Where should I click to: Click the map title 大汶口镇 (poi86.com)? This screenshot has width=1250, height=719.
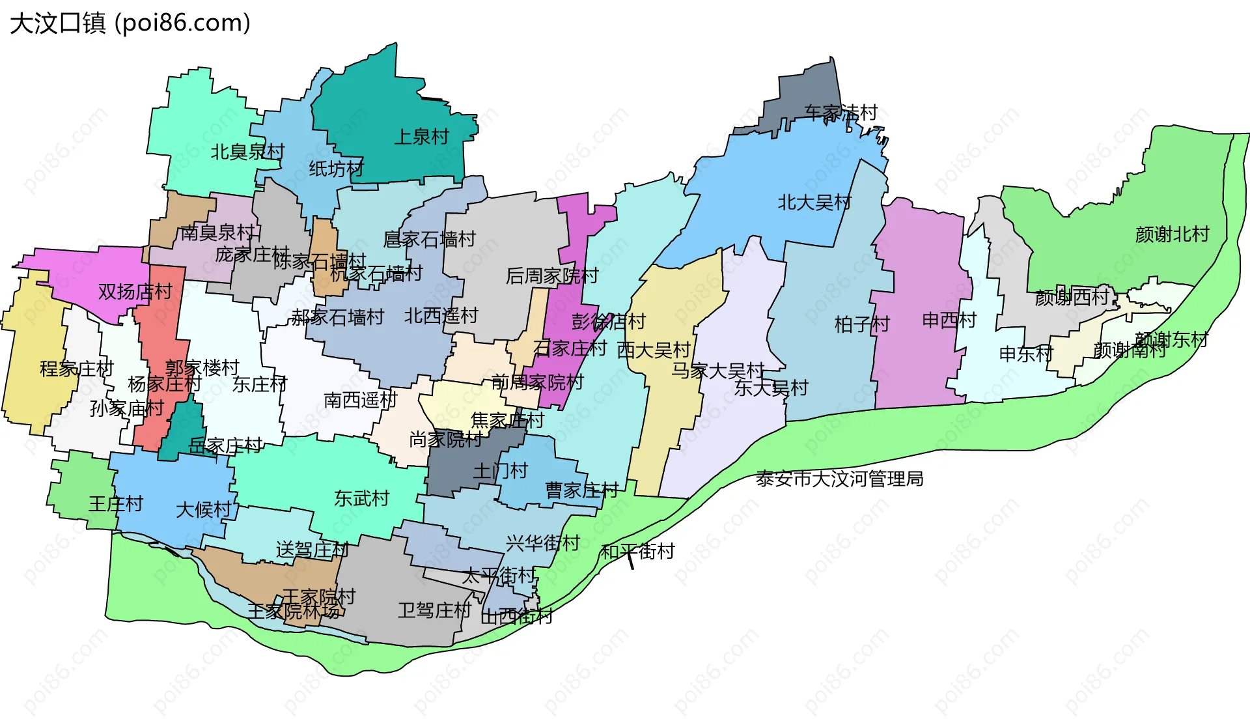point(130,23)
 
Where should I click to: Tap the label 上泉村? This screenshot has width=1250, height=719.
point(421,137)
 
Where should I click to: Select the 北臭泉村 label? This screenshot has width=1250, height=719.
point(247,152)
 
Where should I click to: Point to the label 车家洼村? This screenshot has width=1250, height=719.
point(840,113)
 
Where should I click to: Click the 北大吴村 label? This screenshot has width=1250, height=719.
point(814,203)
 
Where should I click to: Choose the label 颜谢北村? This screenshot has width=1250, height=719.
point(1172,234)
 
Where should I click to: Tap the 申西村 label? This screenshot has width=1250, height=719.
point(949,320)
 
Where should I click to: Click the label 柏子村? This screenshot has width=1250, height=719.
point(862,324)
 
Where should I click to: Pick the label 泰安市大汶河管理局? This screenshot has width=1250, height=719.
point(839,479)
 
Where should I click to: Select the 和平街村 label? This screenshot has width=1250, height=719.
point(637,552)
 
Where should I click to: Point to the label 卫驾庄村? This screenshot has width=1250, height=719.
point(434,610)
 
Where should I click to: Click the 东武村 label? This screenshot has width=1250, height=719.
point(361,498)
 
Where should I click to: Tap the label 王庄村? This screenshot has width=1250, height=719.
point(115,503)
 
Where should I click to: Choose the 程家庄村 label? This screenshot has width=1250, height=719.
point(77,369)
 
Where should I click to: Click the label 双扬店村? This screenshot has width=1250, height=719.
point(135,291)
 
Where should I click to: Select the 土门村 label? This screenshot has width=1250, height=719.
point(500,470)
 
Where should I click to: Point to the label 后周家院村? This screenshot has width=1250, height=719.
point(551,276)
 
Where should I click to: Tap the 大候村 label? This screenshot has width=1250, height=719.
point(204,509)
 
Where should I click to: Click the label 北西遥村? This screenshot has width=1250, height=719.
point(441,316)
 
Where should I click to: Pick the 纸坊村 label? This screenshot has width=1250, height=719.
point(336,169)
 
